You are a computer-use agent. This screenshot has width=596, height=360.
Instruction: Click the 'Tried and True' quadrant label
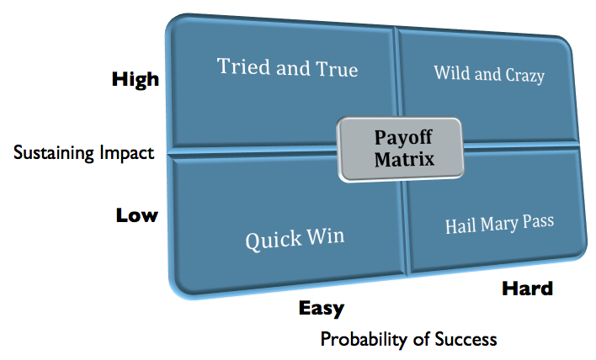point(287,67)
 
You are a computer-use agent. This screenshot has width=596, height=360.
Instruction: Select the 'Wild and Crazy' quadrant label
point(489,74)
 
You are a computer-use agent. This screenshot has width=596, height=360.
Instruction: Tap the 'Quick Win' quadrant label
point(295,240)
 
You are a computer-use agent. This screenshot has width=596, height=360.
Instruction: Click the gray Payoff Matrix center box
point(401,148)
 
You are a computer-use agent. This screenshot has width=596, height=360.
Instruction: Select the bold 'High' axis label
point(135,80)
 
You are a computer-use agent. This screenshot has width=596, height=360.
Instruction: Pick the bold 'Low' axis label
point(136,215)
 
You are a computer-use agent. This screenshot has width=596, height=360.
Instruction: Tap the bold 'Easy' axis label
point(322,309)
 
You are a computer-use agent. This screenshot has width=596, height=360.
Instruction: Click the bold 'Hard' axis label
point(527,289)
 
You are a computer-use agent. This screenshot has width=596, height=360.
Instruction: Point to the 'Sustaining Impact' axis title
point(84,152)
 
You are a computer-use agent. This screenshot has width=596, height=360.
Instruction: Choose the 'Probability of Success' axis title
point(408,340)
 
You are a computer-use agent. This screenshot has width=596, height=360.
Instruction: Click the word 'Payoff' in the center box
point(402,136)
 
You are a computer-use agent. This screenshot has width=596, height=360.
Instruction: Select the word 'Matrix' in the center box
point(402,158)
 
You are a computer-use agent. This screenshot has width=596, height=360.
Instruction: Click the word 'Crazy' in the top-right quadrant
point(524,76)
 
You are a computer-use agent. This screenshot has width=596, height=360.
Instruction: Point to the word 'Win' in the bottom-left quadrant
point(327,238)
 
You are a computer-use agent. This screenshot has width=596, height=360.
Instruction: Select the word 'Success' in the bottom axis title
point(466,340)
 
